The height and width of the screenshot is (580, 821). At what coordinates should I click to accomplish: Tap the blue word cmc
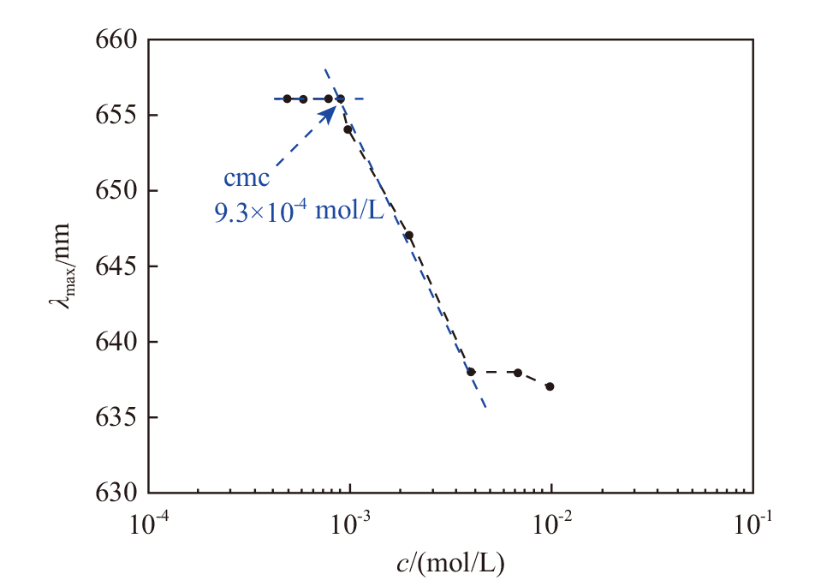coord(247,179)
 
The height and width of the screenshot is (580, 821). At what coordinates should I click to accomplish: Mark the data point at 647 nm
coord(409,235)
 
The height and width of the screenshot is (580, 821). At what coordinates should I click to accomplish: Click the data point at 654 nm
coord(348,129)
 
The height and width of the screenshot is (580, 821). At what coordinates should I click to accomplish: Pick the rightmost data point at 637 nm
coord(550,386)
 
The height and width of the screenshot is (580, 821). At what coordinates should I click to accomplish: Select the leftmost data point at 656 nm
coord(287,99)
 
